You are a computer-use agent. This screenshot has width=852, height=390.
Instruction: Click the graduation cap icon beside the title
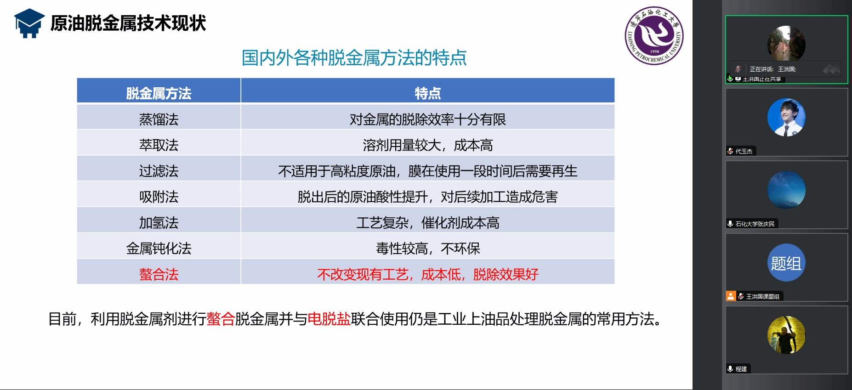[x=29, y=23]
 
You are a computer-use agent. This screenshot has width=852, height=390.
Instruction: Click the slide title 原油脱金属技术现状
[x=128, y=23]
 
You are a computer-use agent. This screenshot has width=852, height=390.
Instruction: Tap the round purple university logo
[x=654, y=35]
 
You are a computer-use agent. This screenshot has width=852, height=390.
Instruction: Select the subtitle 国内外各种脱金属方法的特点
[x=354, y=58]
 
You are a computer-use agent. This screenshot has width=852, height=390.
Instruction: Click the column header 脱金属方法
[x=159, y=94]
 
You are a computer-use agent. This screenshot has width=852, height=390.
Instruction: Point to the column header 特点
[x=428, y=94]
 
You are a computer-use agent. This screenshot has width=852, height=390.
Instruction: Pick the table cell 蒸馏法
[x=159, y=119]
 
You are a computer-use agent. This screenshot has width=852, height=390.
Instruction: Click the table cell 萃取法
[x=159, y=145]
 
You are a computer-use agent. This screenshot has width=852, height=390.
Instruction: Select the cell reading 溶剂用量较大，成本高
[x=428, y=145]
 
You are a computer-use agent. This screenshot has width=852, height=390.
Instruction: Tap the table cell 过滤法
[x=159, y=171]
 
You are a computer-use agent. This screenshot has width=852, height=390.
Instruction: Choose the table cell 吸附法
[x=159, y=197]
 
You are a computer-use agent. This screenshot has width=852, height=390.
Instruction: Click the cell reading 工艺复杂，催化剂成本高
[x=428, y=223]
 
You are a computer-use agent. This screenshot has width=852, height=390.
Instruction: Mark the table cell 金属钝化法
[x=159, y=249]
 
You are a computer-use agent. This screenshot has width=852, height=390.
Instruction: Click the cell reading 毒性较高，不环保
[x=428, y=249]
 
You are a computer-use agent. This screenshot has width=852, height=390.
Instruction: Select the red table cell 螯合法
[x=159, y=274]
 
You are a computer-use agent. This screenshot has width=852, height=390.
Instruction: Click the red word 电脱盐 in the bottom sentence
[x=329, y=319]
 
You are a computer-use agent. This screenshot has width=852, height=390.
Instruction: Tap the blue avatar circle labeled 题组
[x=786, y=263]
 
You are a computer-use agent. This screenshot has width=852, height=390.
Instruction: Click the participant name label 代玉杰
[x=744, y=151]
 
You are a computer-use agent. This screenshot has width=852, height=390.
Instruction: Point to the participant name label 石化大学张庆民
[x=755, y=224]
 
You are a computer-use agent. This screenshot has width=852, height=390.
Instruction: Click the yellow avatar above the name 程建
[x=786, y=335]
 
